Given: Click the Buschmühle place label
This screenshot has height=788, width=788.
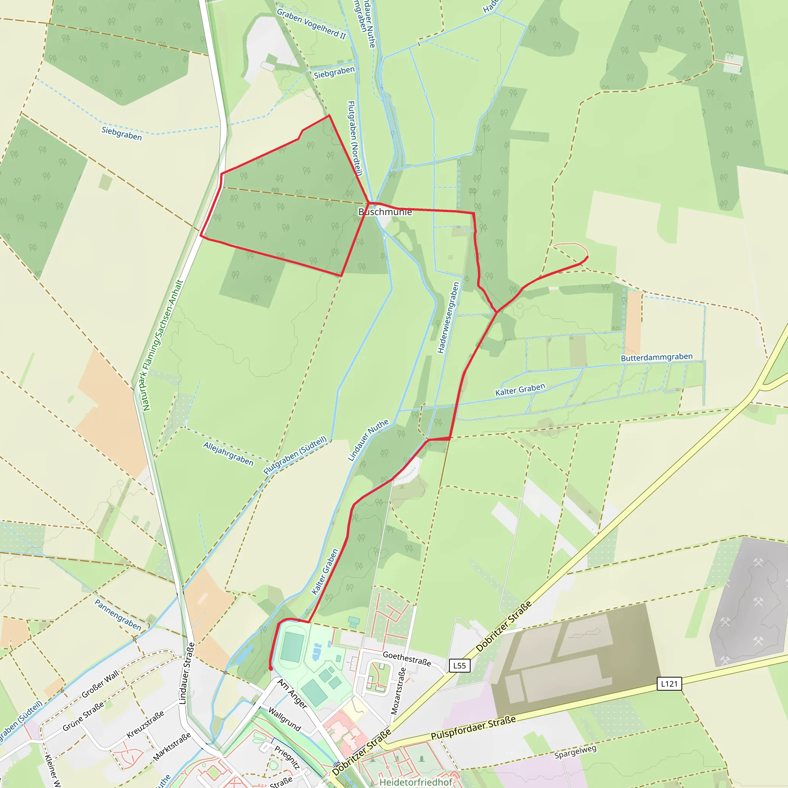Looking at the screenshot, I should (385, 212).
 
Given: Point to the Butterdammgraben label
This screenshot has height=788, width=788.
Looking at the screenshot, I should (656, 358).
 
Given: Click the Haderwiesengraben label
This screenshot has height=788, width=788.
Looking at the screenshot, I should (448, 318).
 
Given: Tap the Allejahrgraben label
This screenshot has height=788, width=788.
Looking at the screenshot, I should (229, 454).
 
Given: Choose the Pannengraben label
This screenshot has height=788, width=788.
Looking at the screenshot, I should (118, 615).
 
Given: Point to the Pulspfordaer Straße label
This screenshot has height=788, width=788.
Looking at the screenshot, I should (473, 728).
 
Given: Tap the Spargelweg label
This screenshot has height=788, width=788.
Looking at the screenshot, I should (575, 752).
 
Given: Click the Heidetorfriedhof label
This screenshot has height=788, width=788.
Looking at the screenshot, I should (416, 782).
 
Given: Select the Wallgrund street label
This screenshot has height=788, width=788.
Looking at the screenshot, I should (284, 719).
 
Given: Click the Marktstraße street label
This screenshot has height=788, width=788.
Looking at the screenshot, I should (172, 747).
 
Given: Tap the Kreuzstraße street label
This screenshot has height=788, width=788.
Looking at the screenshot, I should (145, 724).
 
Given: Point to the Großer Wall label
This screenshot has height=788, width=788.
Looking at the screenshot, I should (100, 684).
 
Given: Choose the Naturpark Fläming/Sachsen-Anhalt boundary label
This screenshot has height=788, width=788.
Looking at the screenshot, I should (162, 345).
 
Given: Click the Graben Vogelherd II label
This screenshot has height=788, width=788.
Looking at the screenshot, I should (311, 24).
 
